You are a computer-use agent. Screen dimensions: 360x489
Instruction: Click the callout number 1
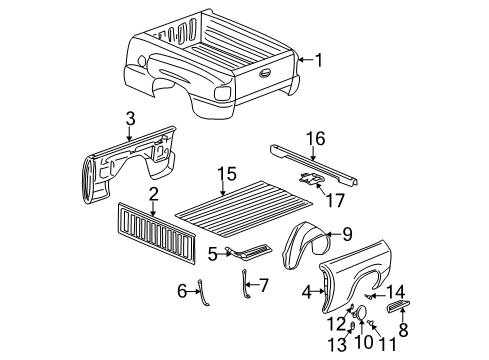[318, 60]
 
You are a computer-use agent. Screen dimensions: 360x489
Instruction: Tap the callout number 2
[154, 193]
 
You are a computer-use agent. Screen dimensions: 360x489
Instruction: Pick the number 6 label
[182, 290]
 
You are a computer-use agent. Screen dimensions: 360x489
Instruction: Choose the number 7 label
[265, 285]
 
